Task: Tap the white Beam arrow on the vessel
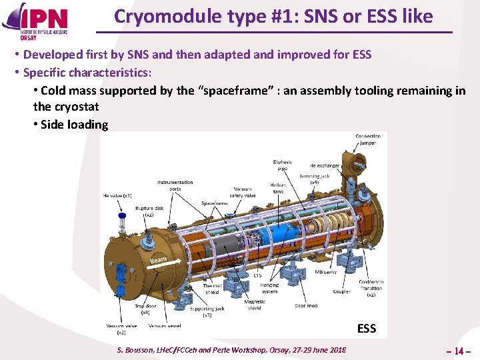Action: [158, 259]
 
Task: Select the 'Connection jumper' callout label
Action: [367, 139]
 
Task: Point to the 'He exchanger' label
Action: [325, 165]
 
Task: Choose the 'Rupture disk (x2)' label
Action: [145, 211]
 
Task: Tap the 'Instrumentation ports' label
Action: [175, 185]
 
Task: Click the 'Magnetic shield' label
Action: [254, 305]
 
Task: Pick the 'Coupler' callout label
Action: [341, 291]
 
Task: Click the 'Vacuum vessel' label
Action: [165, 325]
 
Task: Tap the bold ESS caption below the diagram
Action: [367, 328]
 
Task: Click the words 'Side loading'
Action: [74, 125]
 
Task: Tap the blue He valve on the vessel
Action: [122, 217]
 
